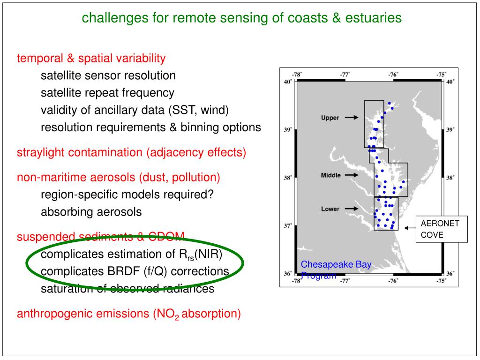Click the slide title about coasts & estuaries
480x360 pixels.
pos(242,18)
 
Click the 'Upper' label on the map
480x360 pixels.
pos(330,118)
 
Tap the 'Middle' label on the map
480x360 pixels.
pos(331,175)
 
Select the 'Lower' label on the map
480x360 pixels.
pos(330,209)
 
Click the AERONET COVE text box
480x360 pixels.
pos(442,229)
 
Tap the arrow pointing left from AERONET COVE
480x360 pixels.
pos(410,228)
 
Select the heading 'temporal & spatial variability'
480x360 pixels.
pos(91,59)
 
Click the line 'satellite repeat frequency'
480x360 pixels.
pos(107,93)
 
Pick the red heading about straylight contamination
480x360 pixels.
pos(131,153)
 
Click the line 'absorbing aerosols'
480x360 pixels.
pos(91,212)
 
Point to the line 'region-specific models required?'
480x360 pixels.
pos(127,195)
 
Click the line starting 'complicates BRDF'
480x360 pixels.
pos(135,272)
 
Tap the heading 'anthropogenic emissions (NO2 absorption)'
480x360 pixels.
pos(129,314)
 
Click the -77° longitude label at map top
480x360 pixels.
pos(345,74)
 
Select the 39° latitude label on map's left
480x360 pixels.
pos(288,130)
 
